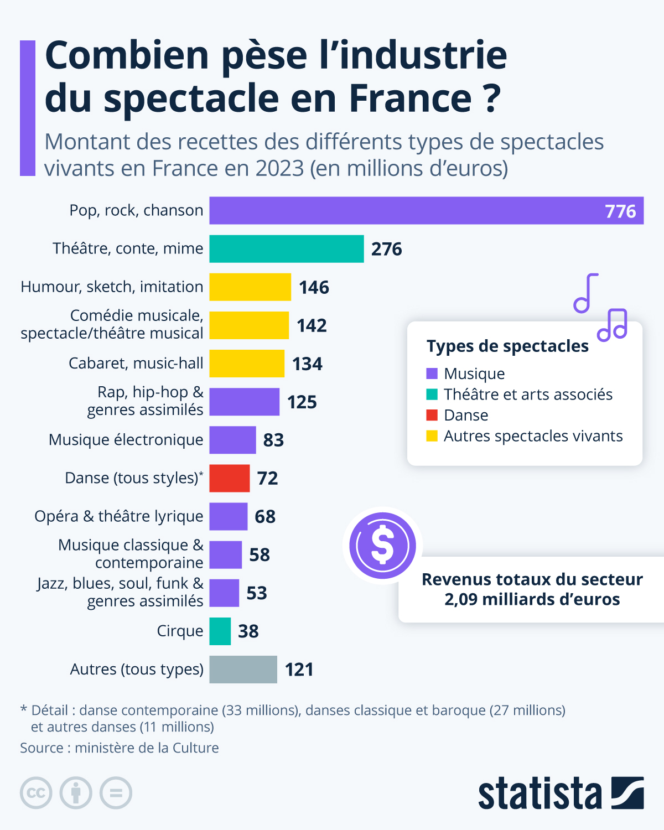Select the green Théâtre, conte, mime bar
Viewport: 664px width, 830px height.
point(286,248)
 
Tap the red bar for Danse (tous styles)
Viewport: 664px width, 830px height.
point(229,478)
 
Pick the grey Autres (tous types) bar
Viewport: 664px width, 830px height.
point(243,670)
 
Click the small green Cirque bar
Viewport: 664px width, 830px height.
point(220,631)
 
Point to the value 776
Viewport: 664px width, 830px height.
point(620,211)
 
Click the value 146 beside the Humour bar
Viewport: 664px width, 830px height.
point(314,287)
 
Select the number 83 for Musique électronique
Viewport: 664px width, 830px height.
point(273,440)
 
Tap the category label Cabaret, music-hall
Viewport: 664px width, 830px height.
point(136,363)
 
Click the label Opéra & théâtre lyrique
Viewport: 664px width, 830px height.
point(119,516)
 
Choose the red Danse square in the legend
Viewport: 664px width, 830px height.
point(432,415)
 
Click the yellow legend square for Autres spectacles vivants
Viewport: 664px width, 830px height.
point(432,436)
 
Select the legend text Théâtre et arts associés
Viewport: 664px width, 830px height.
point(528,395)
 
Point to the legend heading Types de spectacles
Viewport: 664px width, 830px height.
point(507,346)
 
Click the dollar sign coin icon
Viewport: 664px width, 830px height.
point(382,546)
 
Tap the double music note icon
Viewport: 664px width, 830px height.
point(613,324)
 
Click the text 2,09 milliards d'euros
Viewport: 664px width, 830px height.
point(532,599)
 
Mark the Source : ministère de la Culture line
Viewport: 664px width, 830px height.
point(120,748)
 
